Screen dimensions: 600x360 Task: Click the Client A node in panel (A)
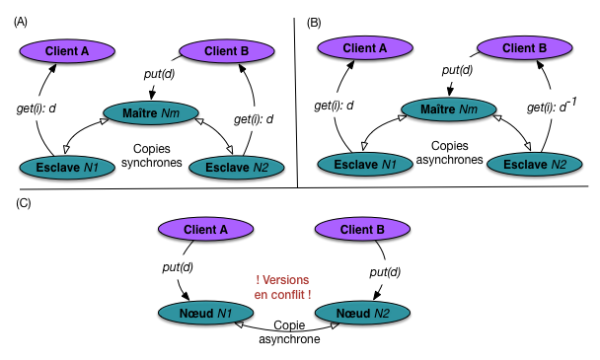pos(67,51)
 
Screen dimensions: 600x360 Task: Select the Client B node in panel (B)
pos(524,48)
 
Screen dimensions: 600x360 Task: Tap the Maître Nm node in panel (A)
pos(151,113)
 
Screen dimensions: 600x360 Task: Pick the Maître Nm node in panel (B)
pos(449,109)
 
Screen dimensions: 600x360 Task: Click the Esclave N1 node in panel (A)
pos(67,168)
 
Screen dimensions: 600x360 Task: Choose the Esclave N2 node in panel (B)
pos(535,165)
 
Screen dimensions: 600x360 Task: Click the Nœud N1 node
pos(206,314)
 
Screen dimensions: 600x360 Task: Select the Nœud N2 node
pos(362,314)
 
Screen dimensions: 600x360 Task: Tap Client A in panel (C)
pos(206,230)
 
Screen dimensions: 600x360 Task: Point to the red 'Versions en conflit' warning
pos(282,287)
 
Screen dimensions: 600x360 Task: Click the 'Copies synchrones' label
pos(152,156)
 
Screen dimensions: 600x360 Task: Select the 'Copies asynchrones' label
pos(450,153)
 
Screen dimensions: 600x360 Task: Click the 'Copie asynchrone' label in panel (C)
pos(290,332)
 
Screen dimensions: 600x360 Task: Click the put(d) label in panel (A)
pos(159,74)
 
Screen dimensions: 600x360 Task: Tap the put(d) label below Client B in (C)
pos(385,272)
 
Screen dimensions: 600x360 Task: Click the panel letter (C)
pos(24,203)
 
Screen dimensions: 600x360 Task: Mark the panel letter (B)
pos(314,23)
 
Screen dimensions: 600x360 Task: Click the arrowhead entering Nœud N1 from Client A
pos(186,297)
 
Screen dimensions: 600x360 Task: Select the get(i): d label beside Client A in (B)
pos(334,106)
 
